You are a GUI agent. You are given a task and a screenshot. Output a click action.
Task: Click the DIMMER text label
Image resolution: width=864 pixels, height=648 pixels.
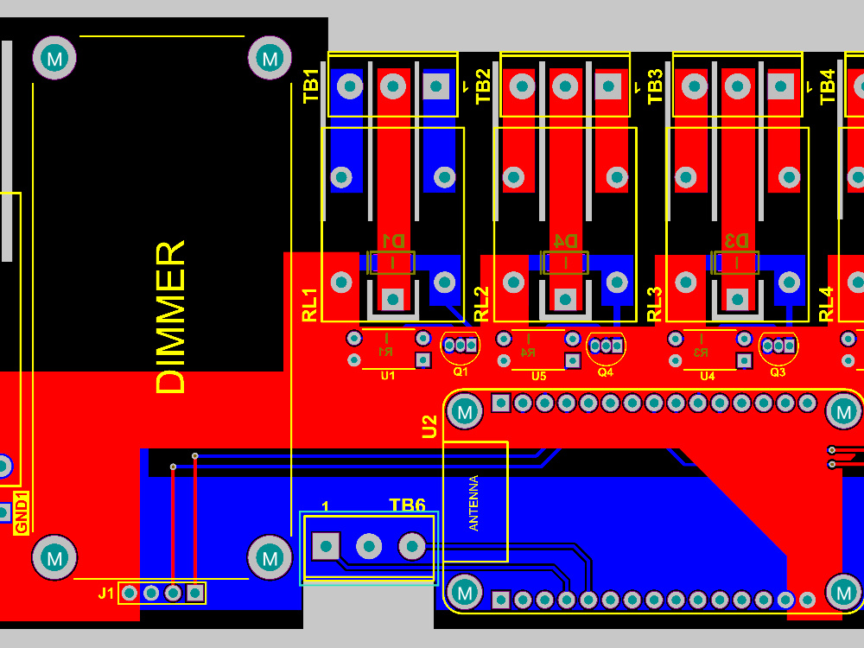(x=171, y=318)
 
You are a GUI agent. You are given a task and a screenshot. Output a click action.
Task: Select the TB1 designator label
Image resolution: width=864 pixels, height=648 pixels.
(x=312, y=86)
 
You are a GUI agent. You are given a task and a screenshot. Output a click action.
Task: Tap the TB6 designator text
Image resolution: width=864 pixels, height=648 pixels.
(x=407, y=505)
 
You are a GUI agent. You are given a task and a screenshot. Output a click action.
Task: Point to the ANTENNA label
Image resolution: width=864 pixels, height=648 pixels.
(x=473, y=503)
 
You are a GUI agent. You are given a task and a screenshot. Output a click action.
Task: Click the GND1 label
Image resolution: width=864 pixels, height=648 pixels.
(x=22, y=512)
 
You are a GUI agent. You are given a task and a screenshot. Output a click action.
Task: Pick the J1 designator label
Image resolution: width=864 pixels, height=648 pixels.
(x=105, y=594)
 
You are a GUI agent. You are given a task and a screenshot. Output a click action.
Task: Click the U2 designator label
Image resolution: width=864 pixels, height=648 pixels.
(x=429, y=426)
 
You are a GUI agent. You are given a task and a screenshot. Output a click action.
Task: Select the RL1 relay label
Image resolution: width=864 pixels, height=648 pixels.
(x=310, y=304)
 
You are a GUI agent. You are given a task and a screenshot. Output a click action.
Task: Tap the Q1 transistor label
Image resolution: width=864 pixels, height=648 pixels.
(x=461, y=372)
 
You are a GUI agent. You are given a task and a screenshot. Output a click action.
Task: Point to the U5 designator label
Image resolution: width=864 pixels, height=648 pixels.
(x=539, y=376)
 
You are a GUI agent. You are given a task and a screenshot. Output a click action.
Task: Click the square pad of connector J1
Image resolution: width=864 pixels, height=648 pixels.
(x=195, y=593)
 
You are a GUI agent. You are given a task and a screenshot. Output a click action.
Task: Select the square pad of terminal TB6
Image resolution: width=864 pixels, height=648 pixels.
(x=326, y=546)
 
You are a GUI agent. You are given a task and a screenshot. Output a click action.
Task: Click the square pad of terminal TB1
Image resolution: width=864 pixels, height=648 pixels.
(x=436, y=86)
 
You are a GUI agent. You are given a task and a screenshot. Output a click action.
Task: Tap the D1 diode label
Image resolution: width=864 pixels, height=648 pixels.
(x=392, y=240)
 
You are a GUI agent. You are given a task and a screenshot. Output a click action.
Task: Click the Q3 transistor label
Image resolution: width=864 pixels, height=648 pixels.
(x=778, y=372)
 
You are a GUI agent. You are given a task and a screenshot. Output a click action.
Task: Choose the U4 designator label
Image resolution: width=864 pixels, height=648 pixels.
(x=708, y=376)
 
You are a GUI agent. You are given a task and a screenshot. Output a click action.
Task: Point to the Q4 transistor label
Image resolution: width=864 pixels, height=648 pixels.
(x=605, y=372)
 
